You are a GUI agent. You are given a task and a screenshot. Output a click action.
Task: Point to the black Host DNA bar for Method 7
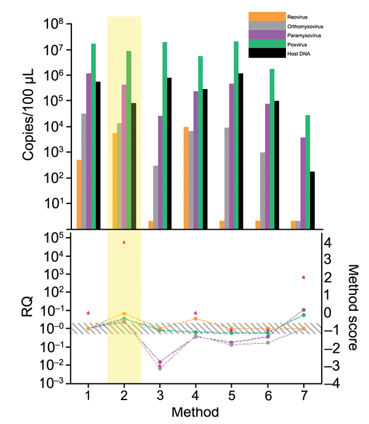[x=312, y=200]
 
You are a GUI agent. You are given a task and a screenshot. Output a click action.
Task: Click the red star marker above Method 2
[x=124, y=243]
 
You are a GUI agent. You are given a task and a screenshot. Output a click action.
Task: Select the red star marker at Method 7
[x=304, y=278]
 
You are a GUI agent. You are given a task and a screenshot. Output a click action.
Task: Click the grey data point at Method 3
[x=160, y=368]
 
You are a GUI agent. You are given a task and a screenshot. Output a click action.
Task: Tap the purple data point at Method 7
[x=304, y=310]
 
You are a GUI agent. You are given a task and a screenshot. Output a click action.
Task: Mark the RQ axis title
[x=28, y=310]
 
